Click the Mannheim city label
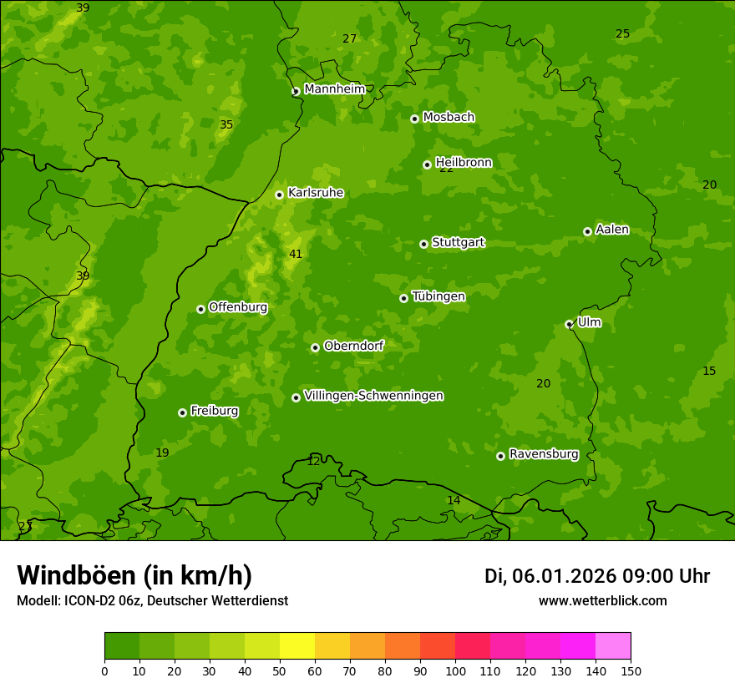point(334,89)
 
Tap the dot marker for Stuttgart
point(423,244)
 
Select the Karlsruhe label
point(315,193)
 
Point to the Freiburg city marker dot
point(182,412)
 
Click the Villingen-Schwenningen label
point(373,396)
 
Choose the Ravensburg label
point(544,454)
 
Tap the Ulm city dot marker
point(569,324)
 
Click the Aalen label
point(612,230)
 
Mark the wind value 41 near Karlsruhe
point(296,254)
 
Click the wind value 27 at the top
point(349,38)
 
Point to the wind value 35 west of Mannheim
point(226,124)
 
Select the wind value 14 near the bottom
point(454,500)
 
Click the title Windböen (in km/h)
point(134,575)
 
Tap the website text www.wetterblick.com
point(602,600)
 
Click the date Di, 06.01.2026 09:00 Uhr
point(596,576)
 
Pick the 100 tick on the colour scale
point(455,670)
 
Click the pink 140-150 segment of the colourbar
point(613,646)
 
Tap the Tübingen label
point(438,296)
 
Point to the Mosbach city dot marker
point(414,119)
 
